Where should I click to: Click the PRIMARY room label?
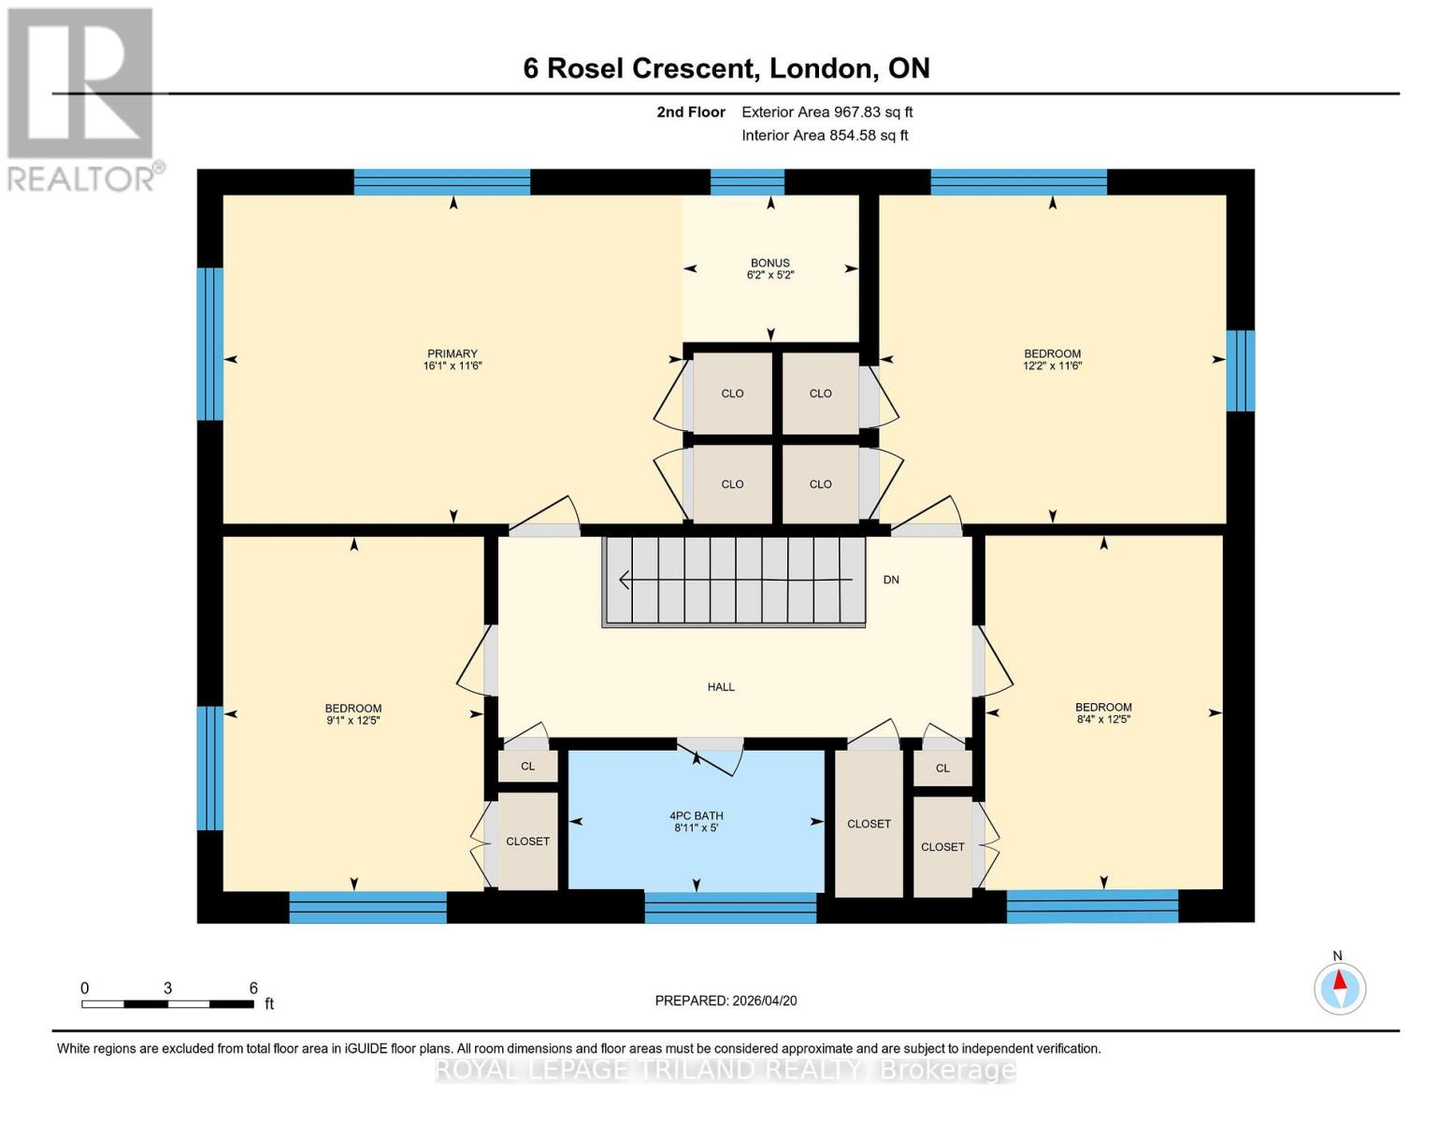[x=453, y=353]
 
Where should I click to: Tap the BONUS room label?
[x=769, y=263]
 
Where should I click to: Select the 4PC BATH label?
[x=697, y=815]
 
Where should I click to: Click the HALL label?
[x=721, y=687]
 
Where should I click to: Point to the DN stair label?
[x=891, y=580]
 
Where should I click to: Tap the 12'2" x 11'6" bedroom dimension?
[x=1052, y=367]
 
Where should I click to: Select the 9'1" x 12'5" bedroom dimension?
[x=353, y=721]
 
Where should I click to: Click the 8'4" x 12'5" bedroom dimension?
[x=1103, y=720]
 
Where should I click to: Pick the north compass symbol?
[x=1340, y=987]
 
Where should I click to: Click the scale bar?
[x=167, y=1004]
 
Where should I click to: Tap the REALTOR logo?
[x=82, y=98]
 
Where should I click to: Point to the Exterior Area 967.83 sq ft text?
[x=827, y=112]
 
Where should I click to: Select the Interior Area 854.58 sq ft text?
[x=825, y=136]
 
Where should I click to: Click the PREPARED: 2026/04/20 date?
[x=726, y=1000]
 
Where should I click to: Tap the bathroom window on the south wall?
[x=730, y=908]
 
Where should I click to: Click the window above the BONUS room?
[x=747, y=181]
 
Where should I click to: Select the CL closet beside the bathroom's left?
[x=528, y=767]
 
